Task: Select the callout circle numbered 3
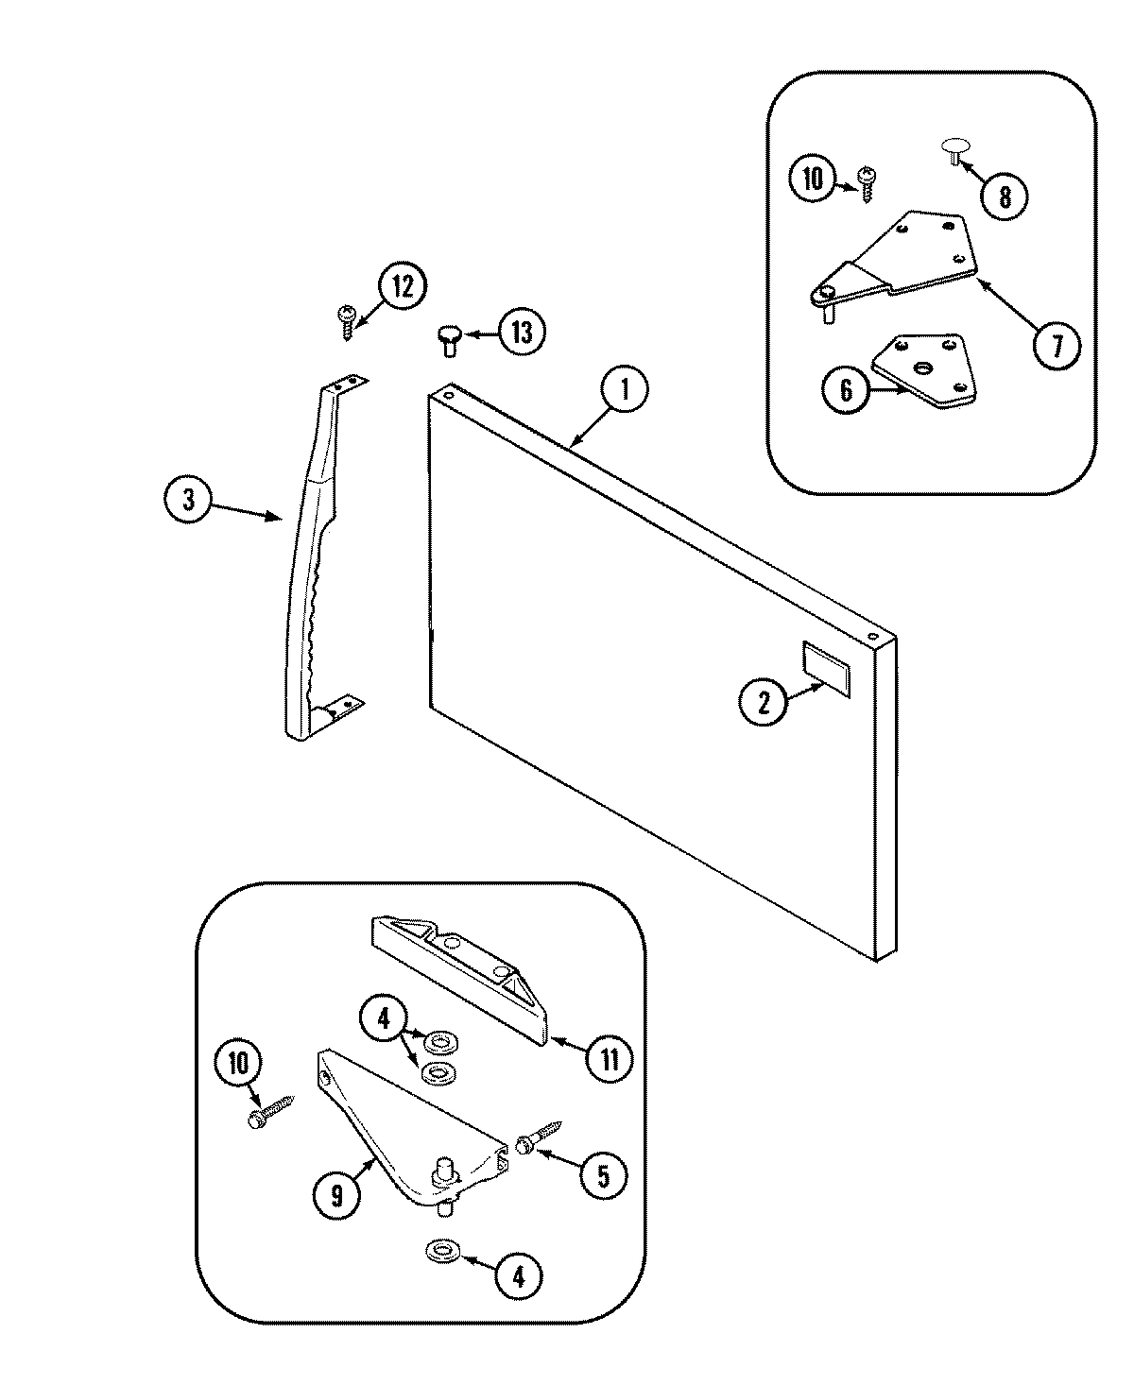coord(188,500)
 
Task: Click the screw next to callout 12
coord(347,320)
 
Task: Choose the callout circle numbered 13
coord(522,333)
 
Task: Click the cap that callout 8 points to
coord(954,148)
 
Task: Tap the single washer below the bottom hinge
coord(439,1252)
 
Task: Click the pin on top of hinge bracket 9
coord(440,1171)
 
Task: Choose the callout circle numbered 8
coord(1004,196)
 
